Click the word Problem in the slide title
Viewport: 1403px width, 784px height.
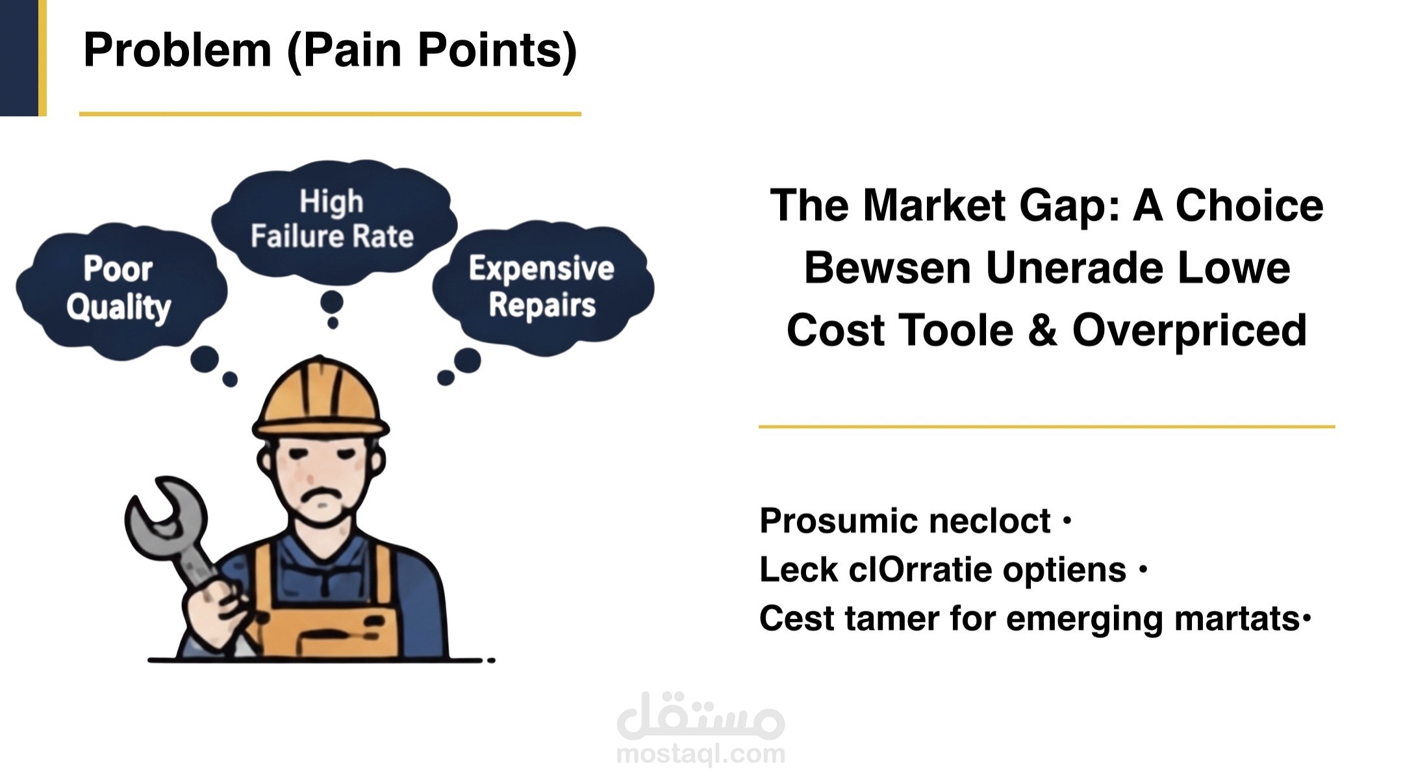point(177,50)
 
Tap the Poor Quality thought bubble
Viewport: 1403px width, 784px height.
point(121,290)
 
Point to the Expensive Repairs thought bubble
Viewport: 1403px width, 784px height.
point(543,287)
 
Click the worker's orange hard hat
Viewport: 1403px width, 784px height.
point(320,396)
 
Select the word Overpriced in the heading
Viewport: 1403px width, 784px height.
point(1189,331)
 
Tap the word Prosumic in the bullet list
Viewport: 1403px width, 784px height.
point(839,522)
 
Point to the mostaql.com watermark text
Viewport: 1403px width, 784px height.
point(701,754)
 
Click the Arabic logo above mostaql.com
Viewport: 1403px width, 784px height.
point(701,716)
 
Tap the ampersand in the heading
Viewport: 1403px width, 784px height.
point(1043,331)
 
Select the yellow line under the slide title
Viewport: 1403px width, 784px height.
point(330,114)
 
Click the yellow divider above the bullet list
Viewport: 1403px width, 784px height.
point(1046,427)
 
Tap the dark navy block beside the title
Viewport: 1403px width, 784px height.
point(19,58)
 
